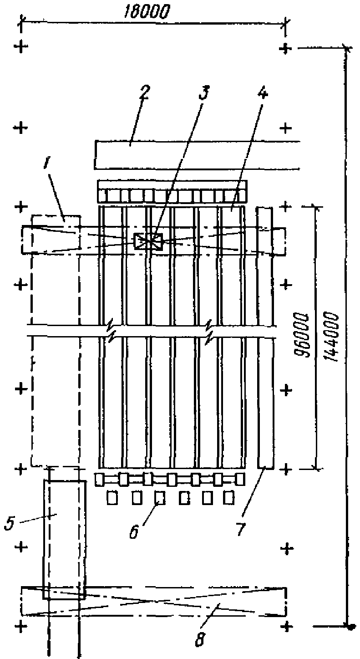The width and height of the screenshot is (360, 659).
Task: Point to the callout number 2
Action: pyautogui.click(x=144, y=92)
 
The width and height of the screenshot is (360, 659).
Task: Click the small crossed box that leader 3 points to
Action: pyautogui.click(x=148, y=241)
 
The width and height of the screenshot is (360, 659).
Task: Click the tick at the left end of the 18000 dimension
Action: pyautogui.click(x=21, y=20)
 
